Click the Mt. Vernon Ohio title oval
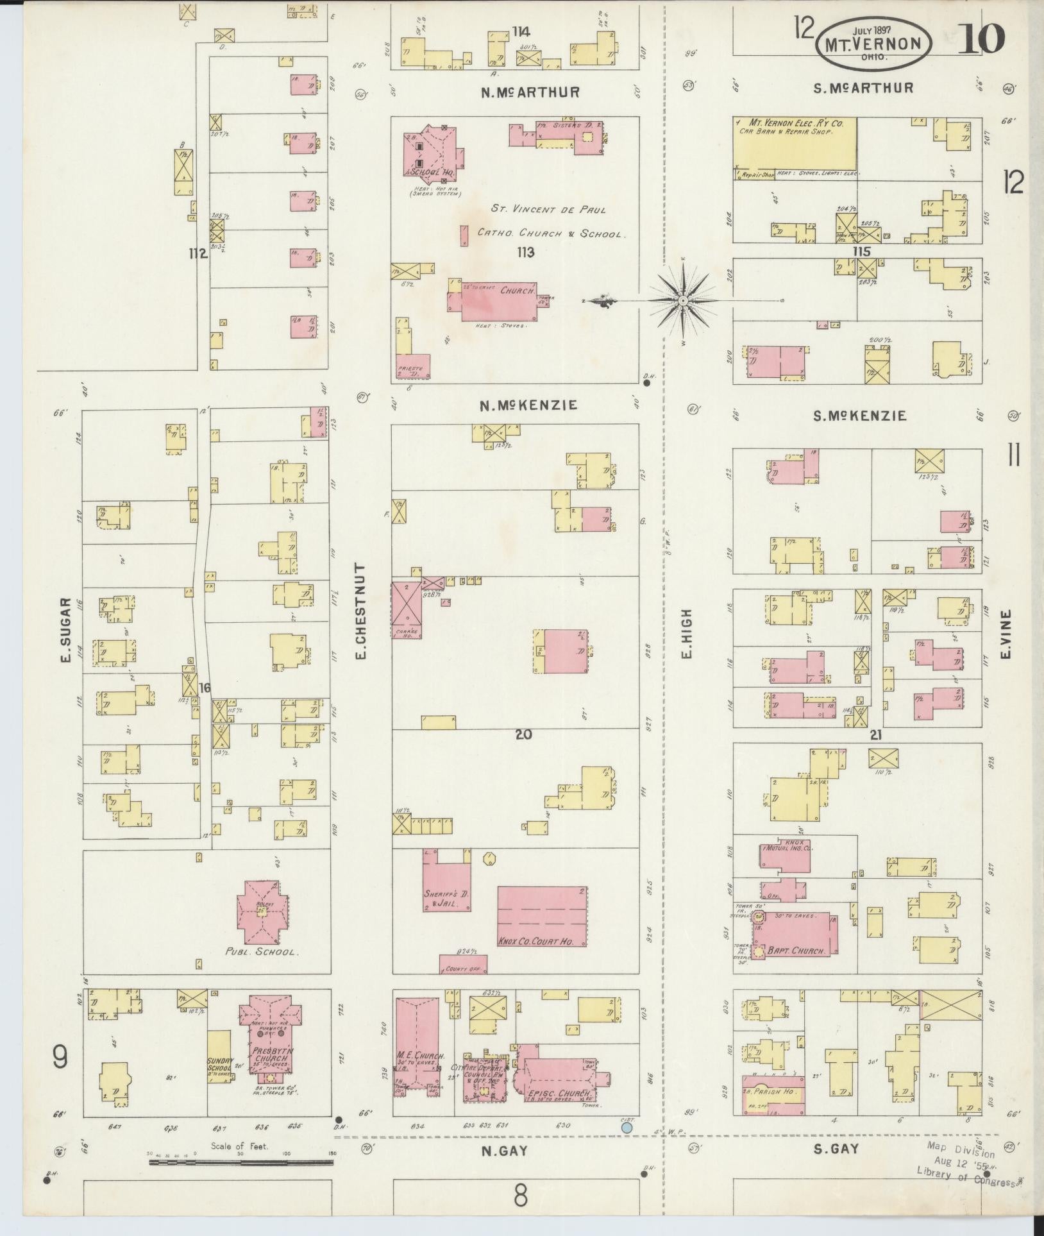coord(875,44)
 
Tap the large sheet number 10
coord(981,38)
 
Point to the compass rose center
coord(683,300)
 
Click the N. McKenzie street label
coord(530,405)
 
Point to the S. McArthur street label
coord(863,88)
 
